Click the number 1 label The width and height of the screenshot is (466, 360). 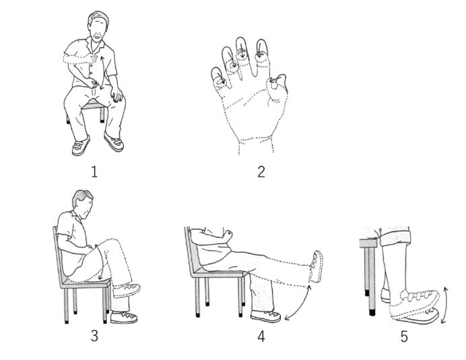(x=94, y=172)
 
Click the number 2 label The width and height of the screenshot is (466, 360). (x=261, y=172)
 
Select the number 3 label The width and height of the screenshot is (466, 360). (x=94, y=336)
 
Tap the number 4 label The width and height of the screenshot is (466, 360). (x=261, y=336)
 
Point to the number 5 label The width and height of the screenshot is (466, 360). (x=404, y=336)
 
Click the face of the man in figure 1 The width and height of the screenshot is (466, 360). (x=99, y=30)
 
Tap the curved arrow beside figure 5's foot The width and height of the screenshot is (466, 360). (x=445, y=305)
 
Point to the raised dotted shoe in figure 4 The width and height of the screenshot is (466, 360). (x=316, y=266)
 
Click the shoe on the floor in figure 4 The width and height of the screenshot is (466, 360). (x=265, y=316)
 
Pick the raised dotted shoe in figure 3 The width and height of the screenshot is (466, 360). (x=127, y=291)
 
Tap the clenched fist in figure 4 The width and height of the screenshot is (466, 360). (x=228, y=235)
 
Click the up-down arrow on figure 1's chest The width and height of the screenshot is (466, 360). (x=102, y=73)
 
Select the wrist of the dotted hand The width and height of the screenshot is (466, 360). (x=256, y=145)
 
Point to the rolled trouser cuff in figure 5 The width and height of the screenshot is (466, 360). (x=395, y=238)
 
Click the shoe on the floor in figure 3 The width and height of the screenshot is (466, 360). (x=124, y=318)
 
